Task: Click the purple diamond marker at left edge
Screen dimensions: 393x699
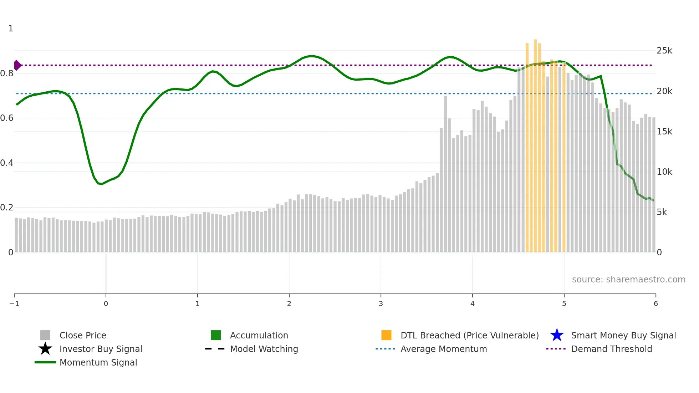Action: coord(17,65)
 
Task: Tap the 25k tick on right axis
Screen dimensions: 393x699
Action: coord(664,51)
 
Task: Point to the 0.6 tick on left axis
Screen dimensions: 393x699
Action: coord(7,118)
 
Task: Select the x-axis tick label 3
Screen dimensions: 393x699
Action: coord(381,303)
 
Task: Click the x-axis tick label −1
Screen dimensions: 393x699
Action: coord(14,303)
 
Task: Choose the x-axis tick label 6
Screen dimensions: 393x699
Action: coord(655,303)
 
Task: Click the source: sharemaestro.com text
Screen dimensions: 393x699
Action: coord(628,279)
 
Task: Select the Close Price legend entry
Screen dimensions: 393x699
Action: coord(83,335)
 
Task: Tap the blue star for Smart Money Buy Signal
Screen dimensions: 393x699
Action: coord(557,335)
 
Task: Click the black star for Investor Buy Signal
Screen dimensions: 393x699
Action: coord(45,349)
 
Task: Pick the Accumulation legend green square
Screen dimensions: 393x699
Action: coord(216,335)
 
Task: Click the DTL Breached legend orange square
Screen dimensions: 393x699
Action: coord(386,335)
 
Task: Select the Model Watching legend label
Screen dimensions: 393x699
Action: coord(264,349)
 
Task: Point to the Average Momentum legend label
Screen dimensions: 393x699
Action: coord(444,349)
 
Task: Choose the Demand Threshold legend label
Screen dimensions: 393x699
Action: coord(611,349)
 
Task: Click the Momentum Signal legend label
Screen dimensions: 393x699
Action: coord(98,362)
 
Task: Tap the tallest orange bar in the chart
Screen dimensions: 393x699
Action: coord(535,143)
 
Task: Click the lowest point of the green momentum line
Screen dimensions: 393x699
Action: coord(102,184)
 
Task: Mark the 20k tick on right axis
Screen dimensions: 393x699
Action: coord(664,91)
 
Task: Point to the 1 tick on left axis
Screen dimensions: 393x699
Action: coord(11,29)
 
